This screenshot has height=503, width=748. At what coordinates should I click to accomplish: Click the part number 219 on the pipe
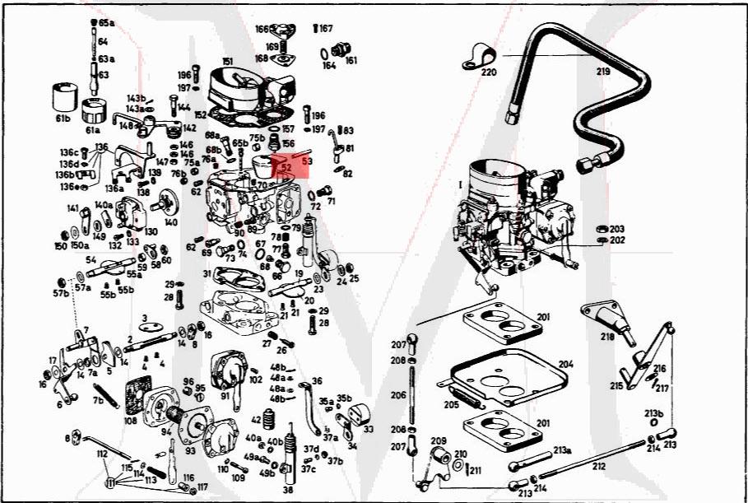[x=603, y=72]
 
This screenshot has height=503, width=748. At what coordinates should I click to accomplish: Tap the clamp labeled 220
[x=478, y=57]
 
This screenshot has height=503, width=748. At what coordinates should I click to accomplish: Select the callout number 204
[x=565, y=363]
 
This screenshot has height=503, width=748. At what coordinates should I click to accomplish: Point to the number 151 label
[x=227, y=61]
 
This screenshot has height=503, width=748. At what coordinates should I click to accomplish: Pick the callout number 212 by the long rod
[x=598, y=467]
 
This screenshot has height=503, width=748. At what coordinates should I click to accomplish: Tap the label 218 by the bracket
[x=606, y=337]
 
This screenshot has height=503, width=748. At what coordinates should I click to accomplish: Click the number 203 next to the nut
[x=617, y=229]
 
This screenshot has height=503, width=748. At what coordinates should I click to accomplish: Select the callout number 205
[x=450, y=404]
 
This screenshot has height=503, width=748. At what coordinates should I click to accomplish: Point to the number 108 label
[x=131, y=421]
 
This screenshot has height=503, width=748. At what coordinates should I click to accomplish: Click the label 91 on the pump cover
[x=224, y=395]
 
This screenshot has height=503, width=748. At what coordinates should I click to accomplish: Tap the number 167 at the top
[x=327, y=29]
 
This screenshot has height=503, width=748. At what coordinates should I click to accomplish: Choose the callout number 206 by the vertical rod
[x=397, y=395]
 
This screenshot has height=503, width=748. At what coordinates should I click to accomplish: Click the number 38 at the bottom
[x=287, y=489]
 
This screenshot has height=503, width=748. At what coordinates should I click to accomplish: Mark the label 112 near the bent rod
[x=102, y=454]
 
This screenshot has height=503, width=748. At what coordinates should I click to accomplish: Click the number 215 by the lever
[x=616, y=385]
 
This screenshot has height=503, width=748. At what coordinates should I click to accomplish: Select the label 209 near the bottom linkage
[x=439, y=440]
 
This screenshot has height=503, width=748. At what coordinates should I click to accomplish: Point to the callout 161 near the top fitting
[x=351, y=60]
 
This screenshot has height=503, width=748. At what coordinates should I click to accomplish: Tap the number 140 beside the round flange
[x=170, y=222]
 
